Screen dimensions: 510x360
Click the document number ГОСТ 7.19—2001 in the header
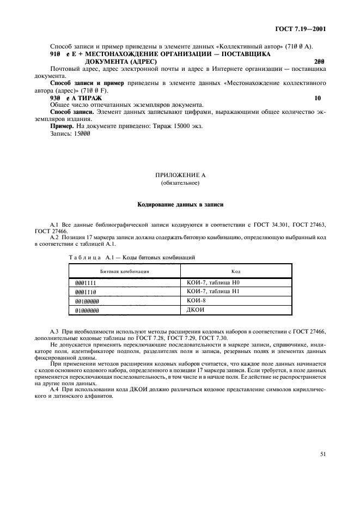point(306,28)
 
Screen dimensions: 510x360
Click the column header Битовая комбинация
point(124,271)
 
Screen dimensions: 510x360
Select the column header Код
point(236,271)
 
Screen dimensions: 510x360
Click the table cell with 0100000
point(87,301)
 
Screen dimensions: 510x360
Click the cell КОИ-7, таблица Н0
point(213,283)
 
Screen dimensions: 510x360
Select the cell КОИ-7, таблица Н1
point(213,292)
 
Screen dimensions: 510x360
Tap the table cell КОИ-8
point(196,300)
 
